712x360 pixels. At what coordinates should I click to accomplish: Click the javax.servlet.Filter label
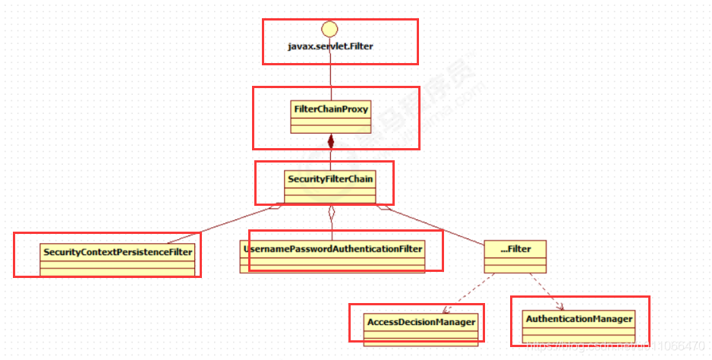(330, 46)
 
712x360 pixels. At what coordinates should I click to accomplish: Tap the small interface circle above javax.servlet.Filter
(330, 29)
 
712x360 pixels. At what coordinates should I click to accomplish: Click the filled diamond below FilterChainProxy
(330, 141)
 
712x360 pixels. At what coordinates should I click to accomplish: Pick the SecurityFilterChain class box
(330, 186)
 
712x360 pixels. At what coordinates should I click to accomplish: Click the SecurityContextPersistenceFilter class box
(118, 257)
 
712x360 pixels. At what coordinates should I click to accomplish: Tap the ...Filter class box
(515, 256)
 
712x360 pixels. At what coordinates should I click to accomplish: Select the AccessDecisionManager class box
(421, 328)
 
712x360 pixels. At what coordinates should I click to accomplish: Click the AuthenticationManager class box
(579, 325)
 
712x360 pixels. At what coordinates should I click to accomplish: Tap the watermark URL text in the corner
(615, 346)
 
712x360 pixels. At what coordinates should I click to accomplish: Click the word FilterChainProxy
(330, 109)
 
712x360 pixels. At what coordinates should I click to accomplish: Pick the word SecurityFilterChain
(330, 179)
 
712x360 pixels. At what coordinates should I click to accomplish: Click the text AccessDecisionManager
(421, 322)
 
